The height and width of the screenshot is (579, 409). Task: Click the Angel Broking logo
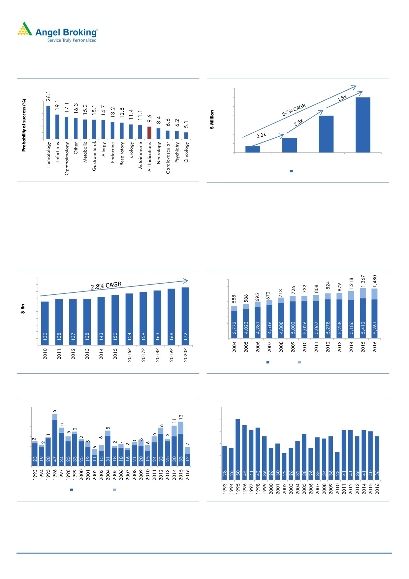point(58,32)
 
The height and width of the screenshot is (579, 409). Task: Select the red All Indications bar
point(149,133)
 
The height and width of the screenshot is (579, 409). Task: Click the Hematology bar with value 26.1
point(48,122)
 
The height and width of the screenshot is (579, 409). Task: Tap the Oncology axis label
point(186,152)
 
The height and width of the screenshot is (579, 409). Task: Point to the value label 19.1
point(57,105)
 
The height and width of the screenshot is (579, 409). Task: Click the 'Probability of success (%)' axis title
point(24,125)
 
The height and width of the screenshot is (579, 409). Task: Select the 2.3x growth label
point(261,135)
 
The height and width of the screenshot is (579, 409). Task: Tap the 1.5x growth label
point(342,98)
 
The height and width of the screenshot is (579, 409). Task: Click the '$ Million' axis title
point(212,119)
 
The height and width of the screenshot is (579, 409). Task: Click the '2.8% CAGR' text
point(106,286)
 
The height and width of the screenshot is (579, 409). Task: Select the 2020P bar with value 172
point(185,316)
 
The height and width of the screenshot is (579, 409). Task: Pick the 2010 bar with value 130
point(45,323)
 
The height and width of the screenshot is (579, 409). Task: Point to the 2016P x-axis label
point(129,355)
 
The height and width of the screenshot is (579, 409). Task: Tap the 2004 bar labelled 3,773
point(235,324)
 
